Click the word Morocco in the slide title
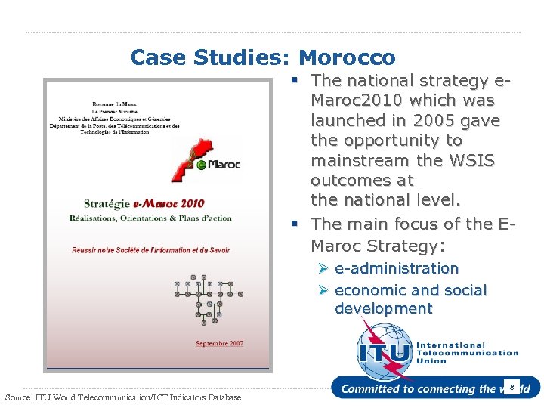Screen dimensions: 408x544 [347, 57]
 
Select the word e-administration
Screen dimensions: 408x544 [396, 268]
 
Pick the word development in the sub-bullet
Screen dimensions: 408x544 [383, 308]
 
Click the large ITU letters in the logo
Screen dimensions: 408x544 [385, 352]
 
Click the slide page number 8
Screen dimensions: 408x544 [512, 388]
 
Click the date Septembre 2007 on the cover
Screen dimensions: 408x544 [219, 344]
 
